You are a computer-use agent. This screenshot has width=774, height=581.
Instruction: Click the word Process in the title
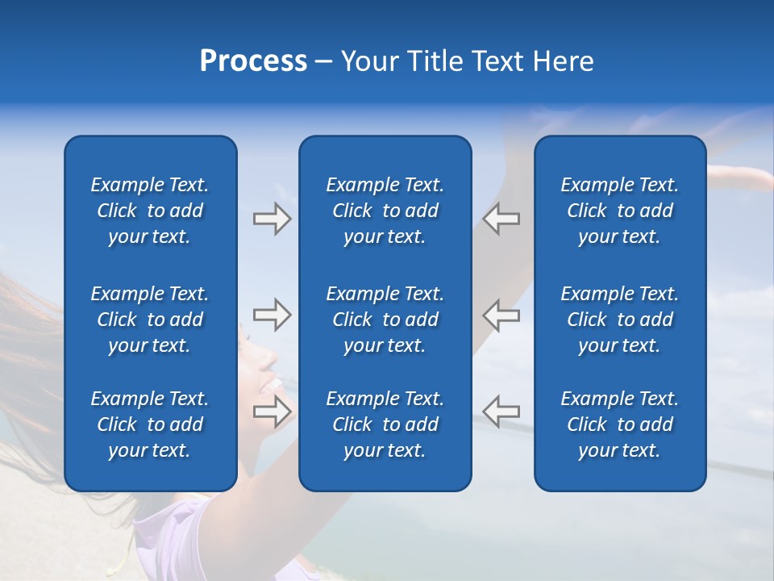(x=253, y=61)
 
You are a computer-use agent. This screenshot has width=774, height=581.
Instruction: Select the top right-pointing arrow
(x=272, y=219)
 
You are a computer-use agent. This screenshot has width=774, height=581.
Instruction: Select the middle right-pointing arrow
(x=272, y=315)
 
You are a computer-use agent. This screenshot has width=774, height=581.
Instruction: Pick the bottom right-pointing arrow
(x=272, y=412)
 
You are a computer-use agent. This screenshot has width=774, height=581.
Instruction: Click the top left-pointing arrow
(x=501, y=219)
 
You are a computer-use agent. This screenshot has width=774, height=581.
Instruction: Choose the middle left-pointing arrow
(x=501, y=315)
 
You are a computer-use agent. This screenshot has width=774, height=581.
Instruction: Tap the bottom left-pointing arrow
(x=501, y=412)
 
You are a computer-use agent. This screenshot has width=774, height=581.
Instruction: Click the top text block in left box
(x=150, y=211)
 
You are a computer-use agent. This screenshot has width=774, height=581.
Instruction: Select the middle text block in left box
(x=150, y=320)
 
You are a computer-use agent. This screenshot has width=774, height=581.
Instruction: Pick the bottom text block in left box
(x=150, y=424)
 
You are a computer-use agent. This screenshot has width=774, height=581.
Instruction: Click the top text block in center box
(x=385, y=211)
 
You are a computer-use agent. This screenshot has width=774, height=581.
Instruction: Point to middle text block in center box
(x=385, y=320)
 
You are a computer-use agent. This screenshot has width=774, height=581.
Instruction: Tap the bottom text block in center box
(x=385, y=424)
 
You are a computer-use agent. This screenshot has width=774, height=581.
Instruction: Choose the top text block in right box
(x=619, y=211)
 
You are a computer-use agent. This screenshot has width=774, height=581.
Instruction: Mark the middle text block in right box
(x=619, y=320)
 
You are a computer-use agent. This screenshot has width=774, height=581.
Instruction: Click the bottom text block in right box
(x=619, y=424)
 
